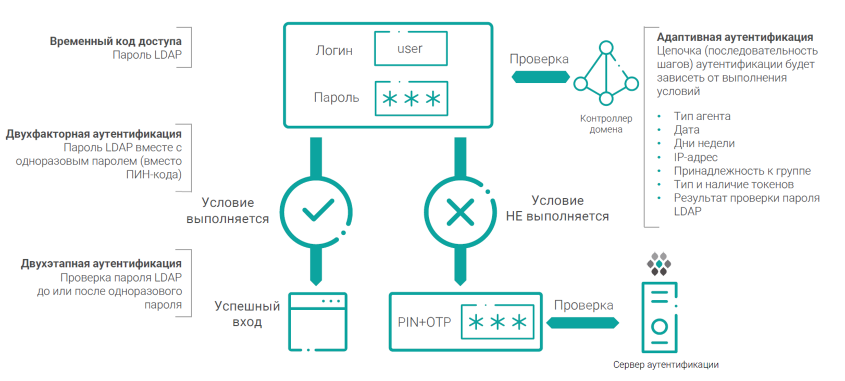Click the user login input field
pos(411,48)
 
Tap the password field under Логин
pos(411,98)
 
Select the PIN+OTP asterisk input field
pos(498,322)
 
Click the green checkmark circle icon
pos(316,211)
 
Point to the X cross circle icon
pos(460,212)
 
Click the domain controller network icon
pos(606,73)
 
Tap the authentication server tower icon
pos(659,317)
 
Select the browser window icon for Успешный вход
pos(318,322)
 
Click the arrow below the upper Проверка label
pos(540,77)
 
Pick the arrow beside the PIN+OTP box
pos(583,323)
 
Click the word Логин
pos(334,50)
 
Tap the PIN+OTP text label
pos(424,322)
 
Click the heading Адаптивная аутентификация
pos(735,37)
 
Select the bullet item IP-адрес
pos(695,157)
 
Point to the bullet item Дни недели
pos(704,143)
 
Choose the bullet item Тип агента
pos(702,116)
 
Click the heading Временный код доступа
pos(116,41)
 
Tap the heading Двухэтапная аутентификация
pos(101,263)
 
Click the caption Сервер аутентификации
pos(666,365)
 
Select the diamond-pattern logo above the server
pos(659,264)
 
